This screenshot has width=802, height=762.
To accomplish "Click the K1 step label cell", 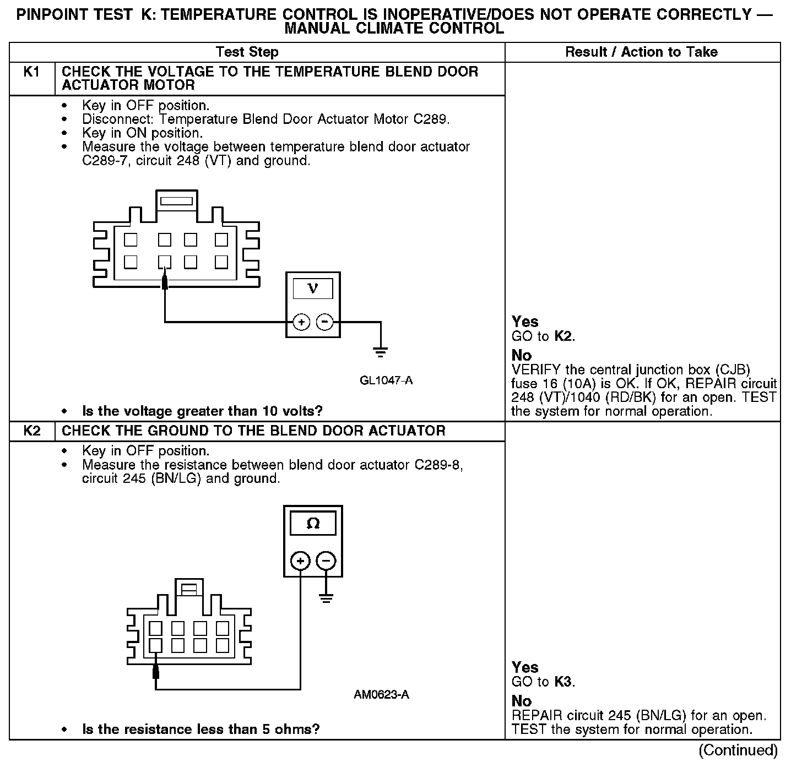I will [32, 72].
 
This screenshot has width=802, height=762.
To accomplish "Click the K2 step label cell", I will [32, 431].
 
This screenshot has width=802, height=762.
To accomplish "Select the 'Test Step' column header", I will [247, 52].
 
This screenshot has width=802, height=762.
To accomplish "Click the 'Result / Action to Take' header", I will [641, 52].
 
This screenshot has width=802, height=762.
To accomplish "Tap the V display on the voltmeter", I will [312, 289].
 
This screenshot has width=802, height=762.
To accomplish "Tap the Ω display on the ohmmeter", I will [312, 524].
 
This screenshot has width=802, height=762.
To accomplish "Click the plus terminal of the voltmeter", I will [301, 322].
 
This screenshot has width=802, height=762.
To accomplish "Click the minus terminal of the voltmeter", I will [326, 322].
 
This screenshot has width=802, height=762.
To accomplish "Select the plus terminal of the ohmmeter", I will [300, 561].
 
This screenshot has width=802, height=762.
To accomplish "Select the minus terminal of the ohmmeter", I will [326, 561].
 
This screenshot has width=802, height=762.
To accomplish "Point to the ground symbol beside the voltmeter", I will [380, 350].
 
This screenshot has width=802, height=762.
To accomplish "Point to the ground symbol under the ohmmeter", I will [326, 598].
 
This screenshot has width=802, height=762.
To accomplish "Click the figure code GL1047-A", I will [386, 380].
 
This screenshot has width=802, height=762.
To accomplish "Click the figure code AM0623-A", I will [381, 695].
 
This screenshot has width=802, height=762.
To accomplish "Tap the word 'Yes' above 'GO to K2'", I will [525, 322].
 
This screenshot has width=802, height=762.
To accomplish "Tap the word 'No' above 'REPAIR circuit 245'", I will [522, 701].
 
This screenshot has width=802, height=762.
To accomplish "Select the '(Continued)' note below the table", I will [738, 750].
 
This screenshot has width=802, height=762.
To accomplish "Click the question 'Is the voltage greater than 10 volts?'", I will [202, 411].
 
